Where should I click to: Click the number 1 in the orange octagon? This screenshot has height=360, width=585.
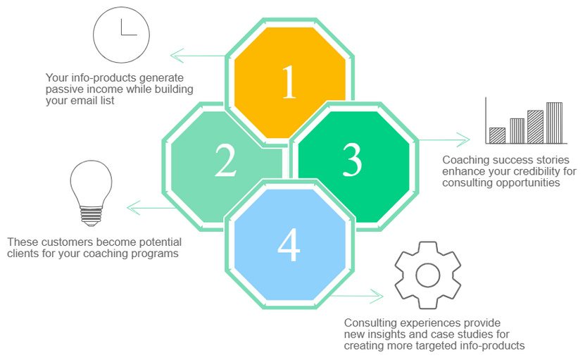click(x=289, y=84)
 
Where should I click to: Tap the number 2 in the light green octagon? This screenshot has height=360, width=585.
click(x=225, y=161)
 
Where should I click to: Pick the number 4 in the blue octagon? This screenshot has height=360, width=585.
click(x=289, y=244)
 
